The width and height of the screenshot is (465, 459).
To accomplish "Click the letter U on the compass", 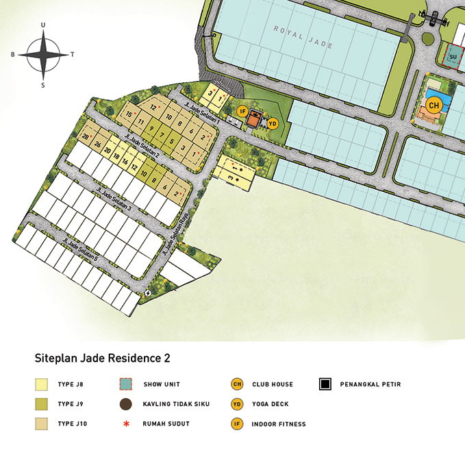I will (43, 25).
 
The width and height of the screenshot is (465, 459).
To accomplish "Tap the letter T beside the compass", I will (73, 53).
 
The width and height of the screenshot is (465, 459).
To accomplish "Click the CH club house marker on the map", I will (433, 105).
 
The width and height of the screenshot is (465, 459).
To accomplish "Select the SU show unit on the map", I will (453, 56).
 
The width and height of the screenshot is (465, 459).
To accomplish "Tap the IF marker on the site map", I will (242, 111).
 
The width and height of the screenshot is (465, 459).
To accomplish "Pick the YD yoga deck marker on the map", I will (272, 123).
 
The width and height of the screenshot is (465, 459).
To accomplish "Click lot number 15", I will (128, 114).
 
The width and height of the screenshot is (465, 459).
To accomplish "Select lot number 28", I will (86, 137).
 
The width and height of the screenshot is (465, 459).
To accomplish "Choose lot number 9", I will (151, 128).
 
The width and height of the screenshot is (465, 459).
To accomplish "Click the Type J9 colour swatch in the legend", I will (42, 404).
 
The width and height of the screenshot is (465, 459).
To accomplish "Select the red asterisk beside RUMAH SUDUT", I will (125, 423).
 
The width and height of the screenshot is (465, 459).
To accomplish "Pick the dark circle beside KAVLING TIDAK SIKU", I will (125, 404).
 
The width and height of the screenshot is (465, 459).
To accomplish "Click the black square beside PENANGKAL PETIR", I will (326, 384).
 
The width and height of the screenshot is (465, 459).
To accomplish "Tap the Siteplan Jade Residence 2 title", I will (102, 358).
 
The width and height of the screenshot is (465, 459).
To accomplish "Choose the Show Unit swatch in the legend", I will (125, 384).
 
